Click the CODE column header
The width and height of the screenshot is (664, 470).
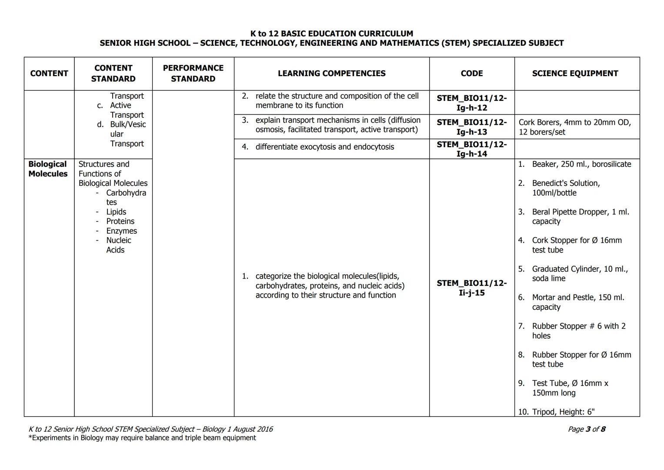point(471,74)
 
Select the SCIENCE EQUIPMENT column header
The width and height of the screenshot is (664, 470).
point(575,74)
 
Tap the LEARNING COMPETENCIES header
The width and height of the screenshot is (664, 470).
point(331,74)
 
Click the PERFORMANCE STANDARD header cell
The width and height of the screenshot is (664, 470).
point(193,74)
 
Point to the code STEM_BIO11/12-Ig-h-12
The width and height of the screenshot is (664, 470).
point(471,103)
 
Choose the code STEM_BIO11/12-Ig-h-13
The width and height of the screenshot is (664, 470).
point(471,127)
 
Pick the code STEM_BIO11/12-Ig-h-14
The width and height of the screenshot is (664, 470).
point(471,149)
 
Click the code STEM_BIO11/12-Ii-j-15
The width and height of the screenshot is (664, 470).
point(471,288)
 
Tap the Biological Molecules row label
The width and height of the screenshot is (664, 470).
point(48,169)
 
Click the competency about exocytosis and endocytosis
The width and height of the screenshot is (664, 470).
point(324,147)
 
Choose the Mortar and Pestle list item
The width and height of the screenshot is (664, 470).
point(577,302)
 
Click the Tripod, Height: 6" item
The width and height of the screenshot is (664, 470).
point(563,412)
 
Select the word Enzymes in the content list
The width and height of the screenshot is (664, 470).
point(121,231)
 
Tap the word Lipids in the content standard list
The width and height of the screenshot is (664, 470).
point(116,212)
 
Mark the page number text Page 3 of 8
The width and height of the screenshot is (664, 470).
point(586,429)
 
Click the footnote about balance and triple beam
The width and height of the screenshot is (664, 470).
point(142,438)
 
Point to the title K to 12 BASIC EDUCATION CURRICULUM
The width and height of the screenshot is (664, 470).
point(331,34)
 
